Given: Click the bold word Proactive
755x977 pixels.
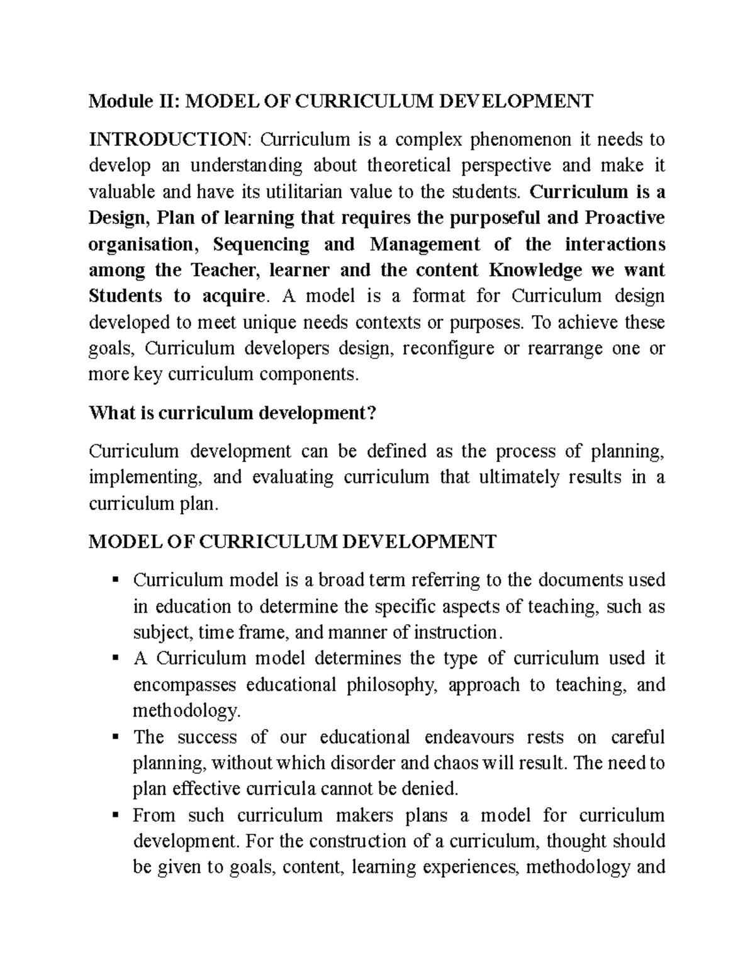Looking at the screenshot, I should click(625, 218).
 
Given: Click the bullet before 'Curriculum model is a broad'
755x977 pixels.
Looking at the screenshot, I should click(115, 579).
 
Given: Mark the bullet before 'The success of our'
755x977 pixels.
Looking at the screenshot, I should click(115, 737).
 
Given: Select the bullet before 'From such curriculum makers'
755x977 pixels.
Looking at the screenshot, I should click(115, 815).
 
